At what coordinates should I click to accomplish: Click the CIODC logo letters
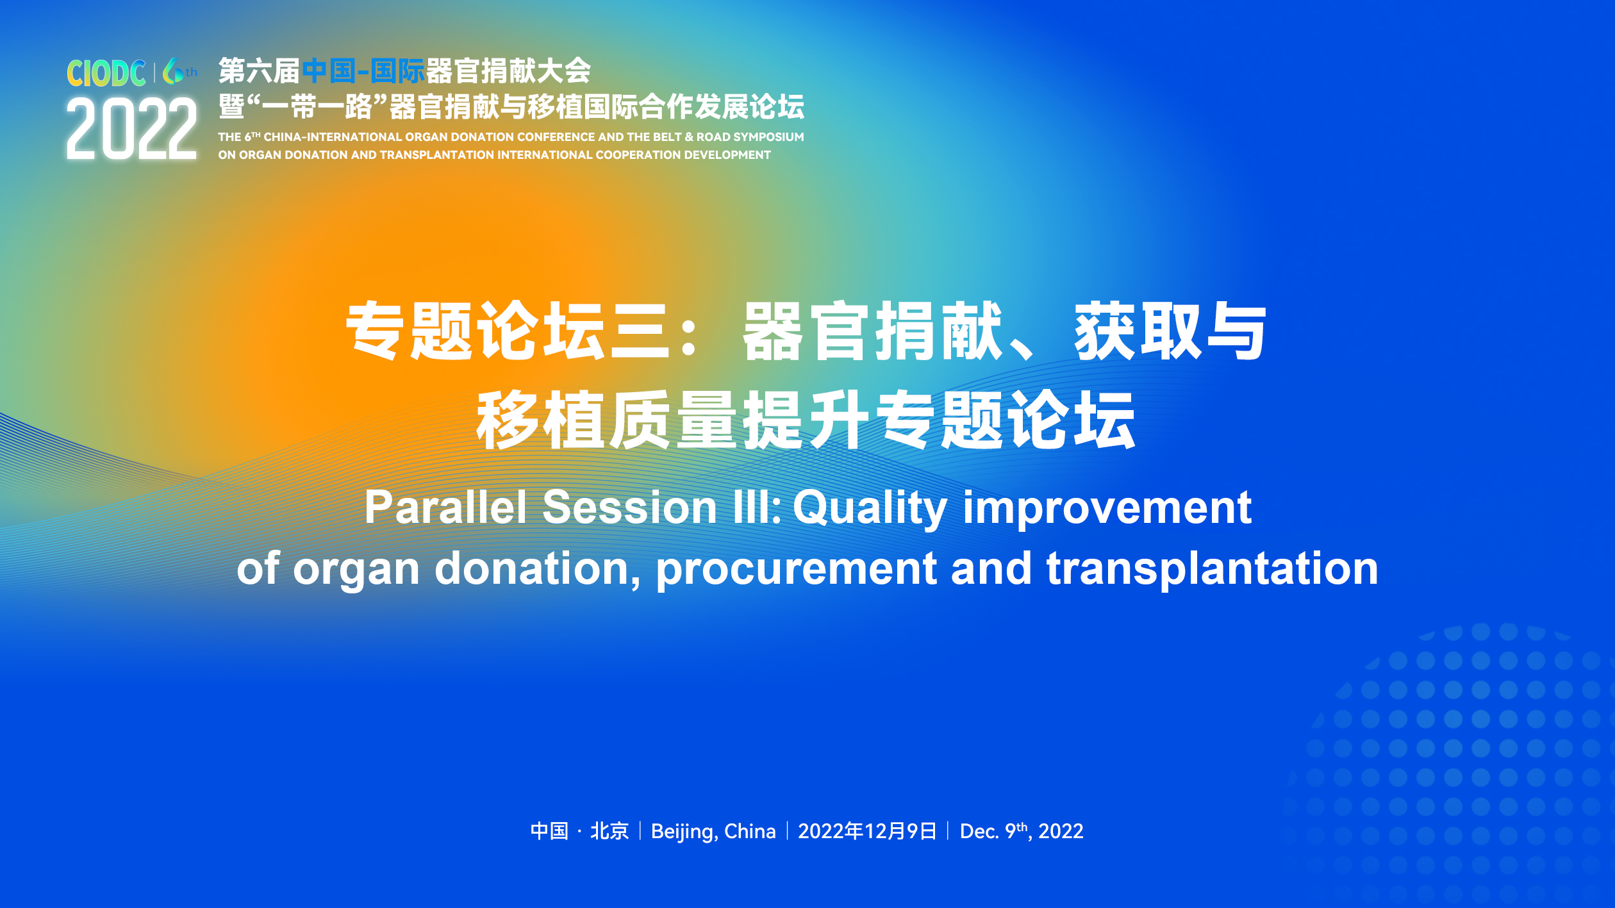(106, 73)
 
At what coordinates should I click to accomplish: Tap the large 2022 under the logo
(131, 129)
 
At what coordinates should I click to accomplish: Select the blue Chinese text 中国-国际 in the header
(363, 71)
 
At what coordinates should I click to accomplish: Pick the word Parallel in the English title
(445, 507)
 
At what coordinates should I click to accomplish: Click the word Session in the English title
(629, 507)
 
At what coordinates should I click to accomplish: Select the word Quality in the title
(870, 509)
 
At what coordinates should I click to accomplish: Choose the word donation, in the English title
(538, 569)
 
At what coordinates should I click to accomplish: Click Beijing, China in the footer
(713, 832)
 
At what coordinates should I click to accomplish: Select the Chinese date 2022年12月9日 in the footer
(867, 831)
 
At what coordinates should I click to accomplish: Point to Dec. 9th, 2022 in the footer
(1022, 831)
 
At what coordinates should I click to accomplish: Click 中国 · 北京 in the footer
(579, 831)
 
